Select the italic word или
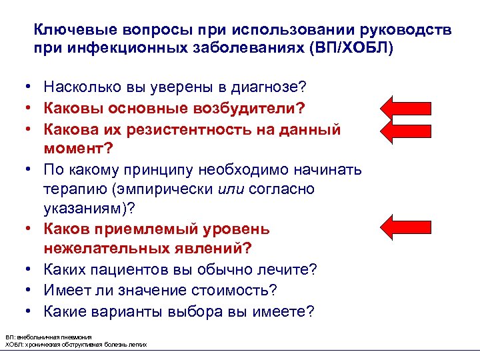[229, 189]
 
